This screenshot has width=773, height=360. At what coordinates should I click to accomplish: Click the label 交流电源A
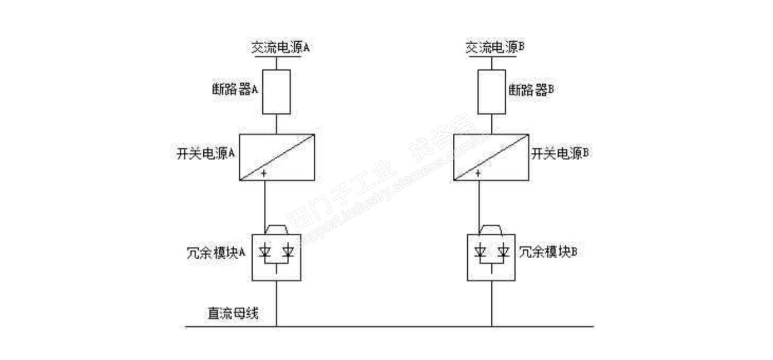pos(281,48)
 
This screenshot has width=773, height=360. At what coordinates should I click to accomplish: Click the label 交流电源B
pos(495,48)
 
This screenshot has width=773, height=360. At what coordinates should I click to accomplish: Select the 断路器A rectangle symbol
pos(277,92)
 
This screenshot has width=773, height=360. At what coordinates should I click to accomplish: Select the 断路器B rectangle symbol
pos(491,92)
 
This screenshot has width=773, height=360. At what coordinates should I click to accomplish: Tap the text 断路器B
pos(530,89)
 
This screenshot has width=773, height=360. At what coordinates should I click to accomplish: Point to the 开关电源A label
pos(207,154)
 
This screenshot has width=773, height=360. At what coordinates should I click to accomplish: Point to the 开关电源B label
pos(561,154)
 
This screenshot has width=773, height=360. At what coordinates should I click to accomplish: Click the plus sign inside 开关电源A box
pos(264,173)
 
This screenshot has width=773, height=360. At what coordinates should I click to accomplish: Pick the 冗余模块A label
pos(212,252)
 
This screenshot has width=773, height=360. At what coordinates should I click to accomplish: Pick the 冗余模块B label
pos(547,252)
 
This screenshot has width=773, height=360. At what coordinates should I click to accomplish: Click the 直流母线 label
pos(232,314)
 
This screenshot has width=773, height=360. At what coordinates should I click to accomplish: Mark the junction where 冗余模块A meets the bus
pos(277,327)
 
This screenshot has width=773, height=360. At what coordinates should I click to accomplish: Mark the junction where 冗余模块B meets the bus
pos(491,327)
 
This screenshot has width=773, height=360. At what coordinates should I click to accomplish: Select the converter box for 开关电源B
pos(491,157)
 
